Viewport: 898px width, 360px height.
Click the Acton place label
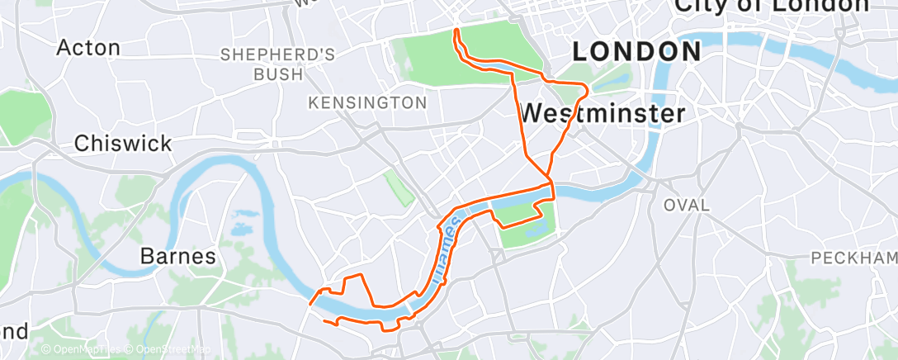click(x=87, y=47)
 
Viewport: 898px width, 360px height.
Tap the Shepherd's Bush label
click(x=276, y=64)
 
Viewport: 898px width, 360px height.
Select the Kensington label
click(x=367, y=103)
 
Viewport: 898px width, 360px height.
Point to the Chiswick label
click(x=123, y=143)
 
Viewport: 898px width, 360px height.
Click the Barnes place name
click(x=178, y=257)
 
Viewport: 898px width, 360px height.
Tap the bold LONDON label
click(x=636, y=51)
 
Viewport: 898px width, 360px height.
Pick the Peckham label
click(x=854, y=258)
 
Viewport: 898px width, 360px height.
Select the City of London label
click(x=772, y=7)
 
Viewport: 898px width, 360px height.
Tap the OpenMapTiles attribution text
click(x=83, y=350)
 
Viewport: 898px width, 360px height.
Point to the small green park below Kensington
click(x=399, y=187)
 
